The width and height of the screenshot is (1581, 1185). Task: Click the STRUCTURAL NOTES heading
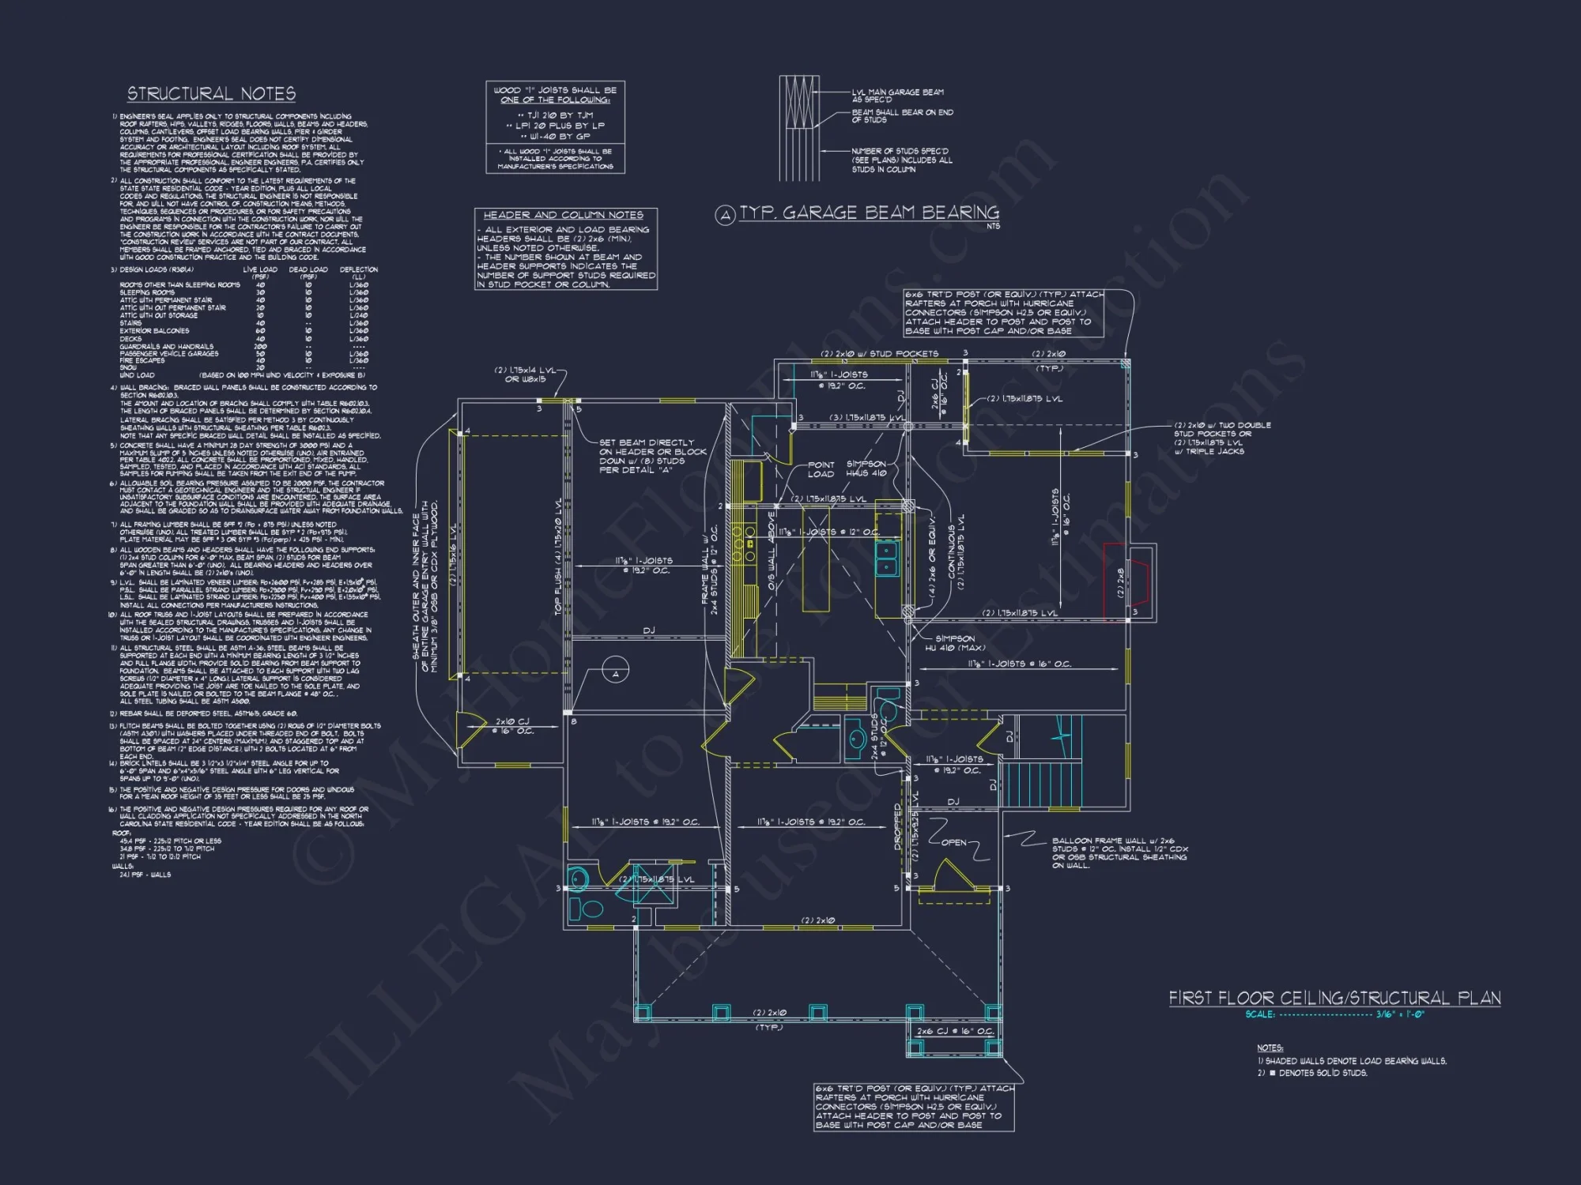pyautogui.click(x=211, y=94)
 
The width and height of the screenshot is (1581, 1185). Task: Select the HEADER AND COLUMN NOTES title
pyautogui.click(x=563, y=215)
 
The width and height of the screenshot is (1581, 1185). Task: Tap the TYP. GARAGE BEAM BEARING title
pyautogui.click(x=869, y=213)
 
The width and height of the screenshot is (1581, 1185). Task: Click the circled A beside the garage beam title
pyautogui.click(x=725, y=215)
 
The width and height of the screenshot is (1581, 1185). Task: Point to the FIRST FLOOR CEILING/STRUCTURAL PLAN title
pyautogui.click(x=1334, y=998)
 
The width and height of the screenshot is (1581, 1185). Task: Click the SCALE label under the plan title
pyautogui.click(x=1259, y=1014)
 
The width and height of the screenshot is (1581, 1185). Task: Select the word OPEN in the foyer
pyautogui.click(x=953, y=842)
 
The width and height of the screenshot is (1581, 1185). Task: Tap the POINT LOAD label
pyautogui.click(x=821, y=469)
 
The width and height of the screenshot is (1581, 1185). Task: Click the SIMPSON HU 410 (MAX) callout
pyautogui.click(x=955, y=643)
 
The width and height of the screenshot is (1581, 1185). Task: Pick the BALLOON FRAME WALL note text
pyautogui.click(x=1119, y=853)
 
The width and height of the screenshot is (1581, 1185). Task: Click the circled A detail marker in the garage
pyautogui.click(x=616, y=673)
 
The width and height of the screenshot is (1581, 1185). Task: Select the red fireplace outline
pyautogui.click(x=1126, y=582)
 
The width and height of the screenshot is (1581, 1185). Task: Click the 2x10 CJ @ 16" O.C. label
pyautogui.click(x=512, y=726)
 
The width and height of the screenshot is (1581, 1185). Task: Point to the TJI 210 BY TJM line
pyautogui.click(x=555, y=115)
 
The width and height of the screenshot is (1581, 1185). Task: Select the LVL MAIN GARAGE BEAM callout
pyautogui.click(x=897, y=96)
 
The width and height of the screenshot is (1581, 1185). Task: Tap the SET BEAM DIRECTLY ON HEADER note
pyautogui.click(x=652, y=456)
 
